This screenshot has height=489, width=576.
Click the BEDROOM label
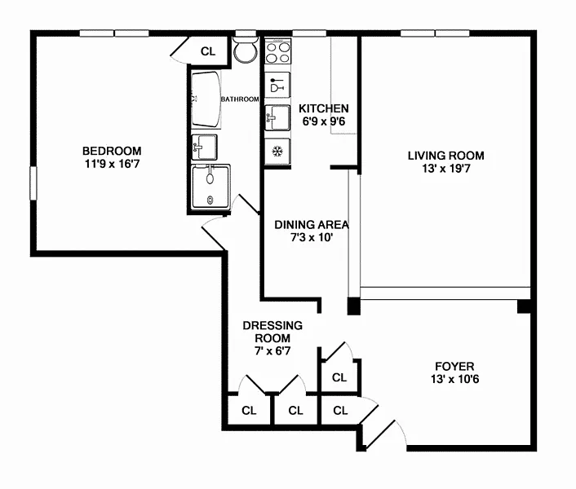[x=112, y=151]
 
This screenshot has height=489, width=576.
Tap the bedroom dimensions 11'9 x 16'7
[x=112, y=164]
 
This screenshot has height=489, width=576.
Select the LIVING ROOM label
[x=446, y=156]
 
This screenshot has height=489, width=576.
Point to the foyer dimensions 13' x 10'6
[x=454, y=379]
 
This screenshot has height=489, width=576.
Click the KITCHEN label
[x=324, y=108]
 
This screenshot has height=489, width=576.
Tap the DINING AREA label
[x=312, y=224]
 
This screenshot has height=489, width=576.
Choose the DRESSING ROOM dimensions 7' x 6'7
[x=272, y=351]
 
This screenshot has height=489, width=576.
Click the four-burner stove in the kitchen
[x=278, y=52]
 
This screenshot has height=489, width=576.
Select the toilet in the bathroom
[x=246, y=50]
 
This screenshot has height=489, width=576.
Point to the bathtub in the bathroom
[x=206, y=99]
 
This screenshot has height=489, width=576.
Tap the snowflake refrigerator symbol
[x=277, y=151]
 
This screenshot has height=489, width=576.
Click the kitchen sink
[x=277, y=117]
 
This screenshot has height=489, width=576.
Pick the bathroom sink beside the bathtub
[x=204, y=147]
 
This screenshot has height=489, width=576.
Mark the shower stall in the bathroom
[x=210, y=187]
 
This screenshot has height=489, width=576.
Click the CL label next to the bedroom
[x=208, y=51]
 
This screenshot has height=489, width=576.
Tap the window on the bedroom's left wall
[x=33, y=183]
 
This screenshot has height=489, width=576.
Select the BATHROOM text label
[x=240, y=99]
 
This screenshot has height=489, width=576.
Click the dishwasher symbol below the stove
[x=277, y=85]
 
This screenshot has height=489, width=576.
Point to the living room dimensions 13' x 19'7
[x=446, y=169]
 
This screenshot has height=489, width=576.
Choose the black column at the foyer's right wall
[x=525, y=306]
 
